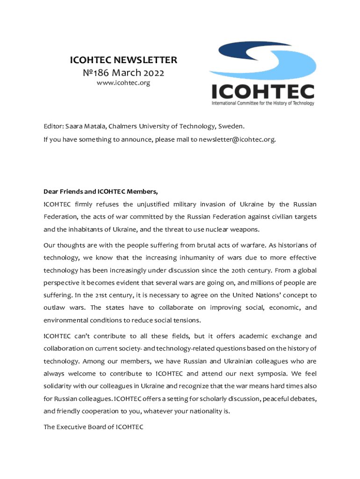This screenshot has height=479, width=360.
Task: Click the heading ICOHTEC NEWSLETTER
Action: (123, 60)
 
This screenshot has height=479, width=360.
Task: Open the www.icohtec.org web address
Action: (123, 83)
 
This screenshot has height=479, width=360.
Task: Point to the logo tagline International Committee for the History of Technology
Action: (263, 103)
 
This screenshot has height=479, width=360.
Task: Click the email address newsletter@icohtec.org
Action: (234, 139)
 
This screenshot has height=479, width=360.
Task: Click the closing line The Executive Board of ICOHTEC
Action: (93, 427)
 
